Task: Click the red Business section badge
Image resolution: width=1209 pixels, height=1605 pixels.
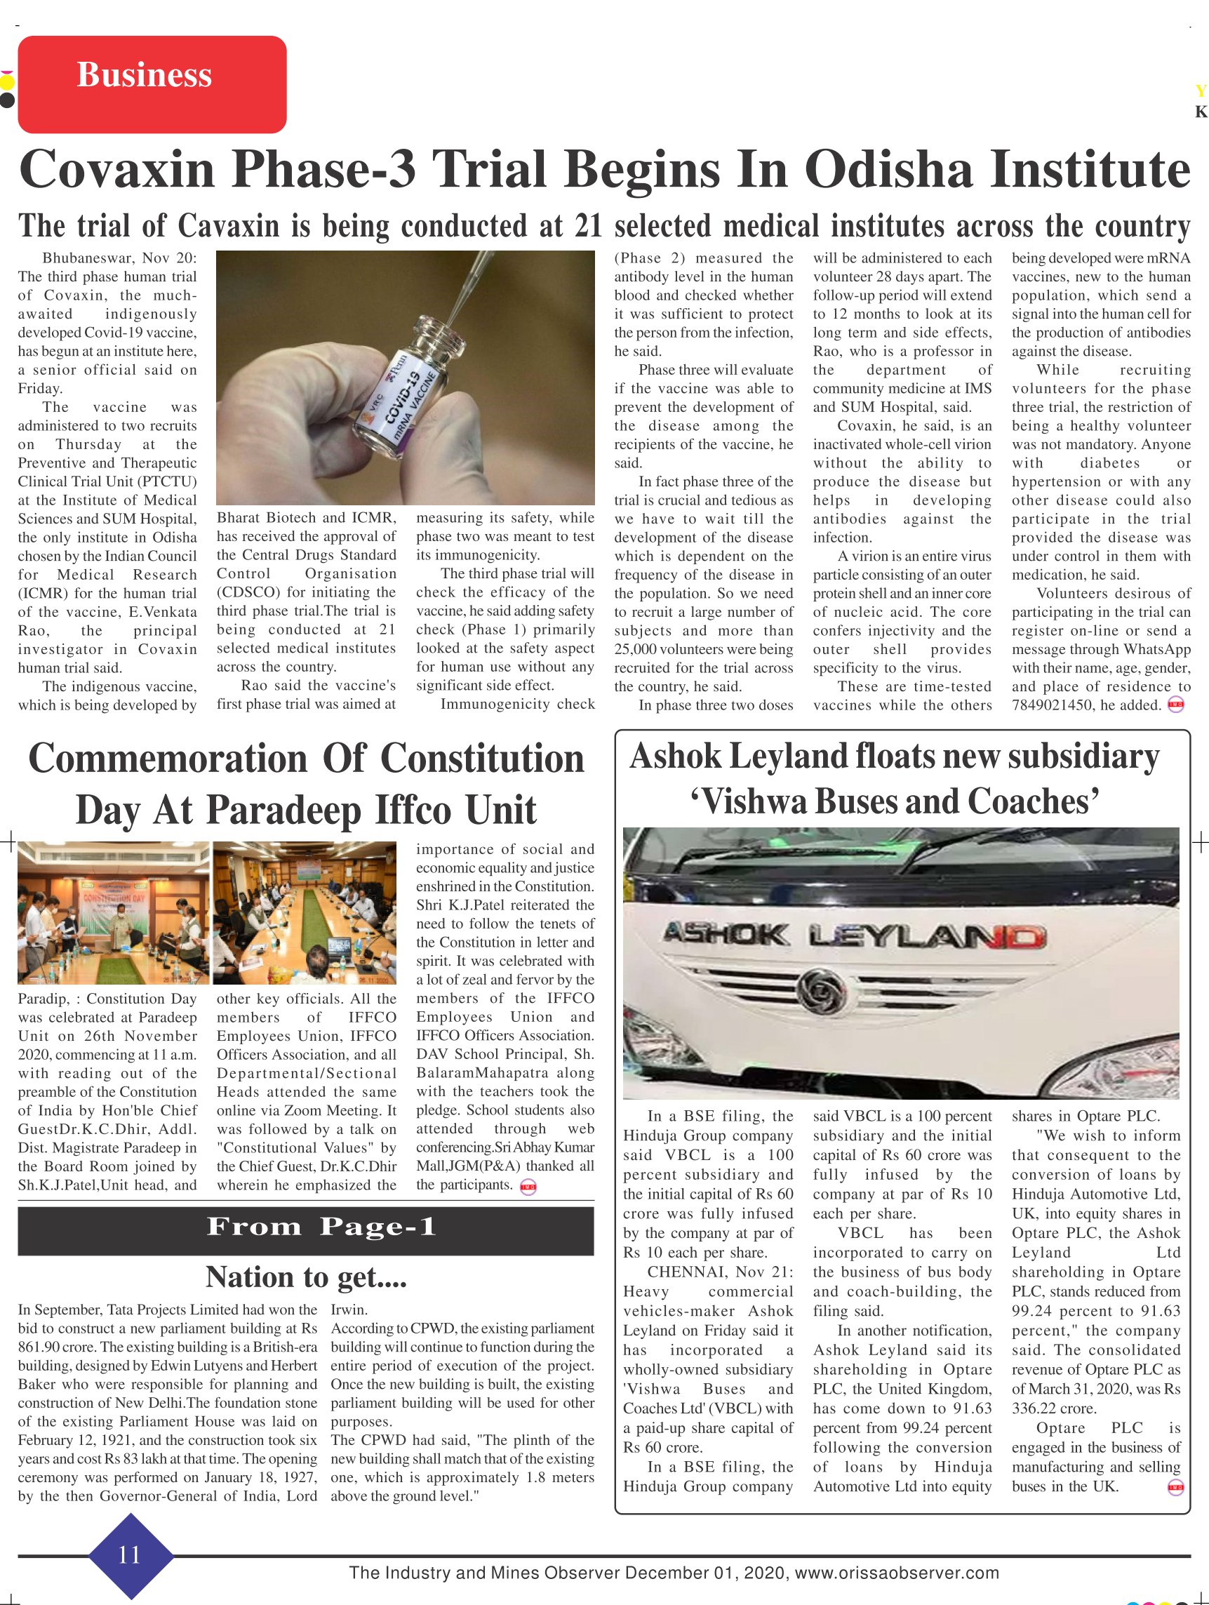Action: pos(152,84)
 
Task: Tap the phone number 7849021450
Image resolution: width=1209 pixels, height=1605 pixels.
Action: pos(1053,705)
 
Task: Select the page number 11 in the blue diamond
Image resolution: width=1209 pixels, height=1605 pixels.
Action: pos(129,1554)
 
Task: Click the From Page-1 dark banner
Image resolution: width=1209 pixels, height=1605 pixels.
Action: pos(305,1226)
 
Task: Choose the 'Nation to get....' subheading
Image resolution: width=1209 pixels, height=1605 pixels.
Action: pos(305,1277)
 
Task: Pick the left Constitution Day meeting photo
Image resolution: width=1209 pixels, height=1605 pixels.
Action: pos(113,912)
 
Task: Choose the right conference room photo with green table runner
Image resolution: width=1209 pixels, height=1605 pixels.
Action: pos(304,912)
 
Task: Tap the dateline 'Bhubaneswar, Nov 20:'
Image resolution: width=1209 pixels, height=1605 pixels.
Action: pos(119,258)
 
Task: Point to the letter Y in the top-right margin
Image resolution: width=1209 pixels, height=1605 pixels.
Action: pos(1201,91)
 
